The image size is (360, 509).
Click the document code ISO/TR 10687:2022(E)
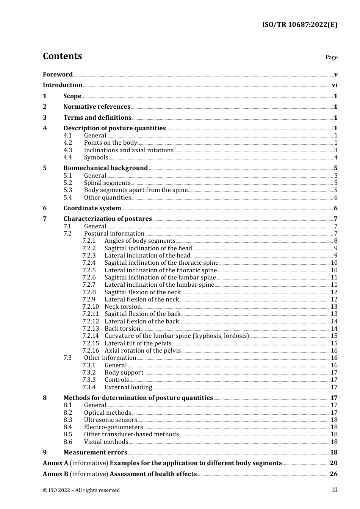(299, 25)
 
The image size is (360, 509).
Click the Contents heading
(62, 56)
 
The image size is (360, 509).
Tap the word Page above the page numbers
(331, 57)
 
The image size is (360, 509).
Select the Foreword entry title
(58, 74)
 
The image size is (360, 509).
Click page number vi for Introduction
(335, 85)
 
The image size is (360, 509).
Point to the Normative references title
(97, 107)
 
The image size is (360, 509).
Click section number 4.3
(68, 150)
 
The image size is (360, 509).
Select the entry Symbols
(96, 158)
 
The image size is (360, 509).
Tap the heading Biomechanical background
(105, 168)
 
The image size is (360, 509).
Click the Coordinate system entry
(92, 208)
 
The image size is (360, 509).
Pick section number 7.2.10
(91, 307)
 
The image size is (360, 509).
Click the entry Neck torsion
(122, 307)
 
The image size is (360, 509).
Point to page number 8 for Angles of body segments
(336, 241)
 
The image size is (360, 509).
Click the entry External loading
(128, 387)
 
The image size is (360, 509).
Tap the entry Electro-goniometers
(113, 427)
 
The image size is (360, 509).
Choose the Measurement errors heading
(95, 453)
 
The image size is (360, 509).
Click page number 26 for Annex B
(333, 474)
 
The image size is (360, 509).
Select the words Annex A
(55, 463)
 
